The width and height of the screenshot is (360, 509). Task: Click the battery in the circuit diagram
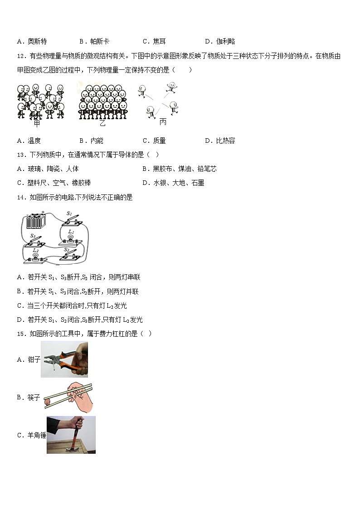coord(36,222)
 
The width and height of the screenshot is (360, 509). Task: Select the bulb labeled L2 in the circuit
coord(35,255)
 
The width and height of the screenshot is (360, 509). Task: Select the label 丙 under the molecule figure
coord(163,122)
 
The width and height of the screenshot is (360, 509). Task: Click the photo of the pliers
coord(64,359)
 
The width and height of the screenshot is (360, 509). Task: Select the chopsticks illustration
coord(68,395)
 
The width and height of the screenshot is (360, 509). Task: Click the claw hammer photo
coord(71,435)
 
